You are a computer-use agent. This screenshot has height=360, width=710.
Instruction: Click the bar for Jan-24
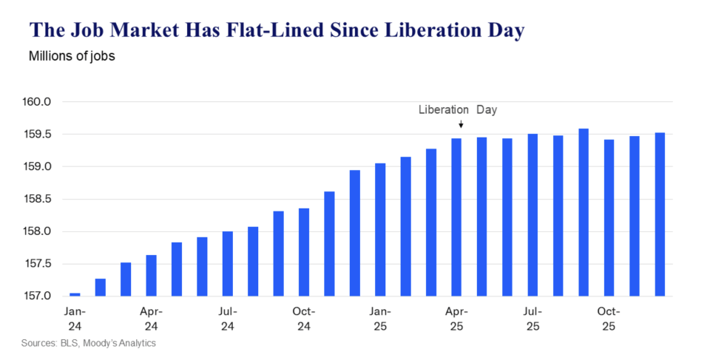coord(75,294)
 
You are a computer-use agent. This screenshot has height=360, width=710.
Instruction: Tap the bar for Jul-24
coord(227,264)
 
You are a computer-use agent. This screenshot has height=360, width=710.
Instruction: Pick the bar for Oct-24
coord(304,252)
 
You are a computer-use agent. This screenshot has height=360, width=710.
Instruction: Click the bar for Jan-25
coord(380,230)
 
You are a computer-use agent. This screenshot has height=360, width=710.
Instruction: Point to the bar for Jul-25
coord(532,215)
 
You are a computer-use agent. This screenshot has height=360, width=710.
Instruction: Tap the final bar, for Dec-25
coord(660,214)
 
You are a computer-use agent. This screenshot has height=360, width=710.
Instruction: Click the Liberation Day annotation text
coord(457,110)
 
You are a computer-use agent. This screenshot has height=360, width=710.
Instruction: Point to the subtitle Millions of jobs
coord(72,56)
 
